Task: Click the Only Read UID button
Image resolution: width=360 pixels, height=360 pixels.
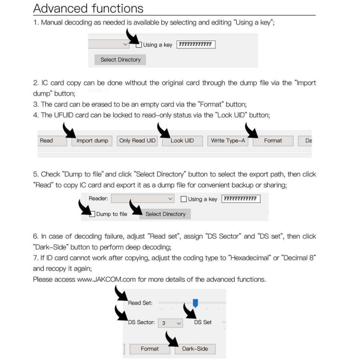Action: (x=137, y=141)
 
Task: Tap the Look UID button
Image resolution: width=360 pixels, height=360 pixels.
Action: (x=182, y=141)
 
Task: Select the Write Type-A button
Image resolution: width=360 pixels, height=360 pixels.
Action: (x=228, y=141)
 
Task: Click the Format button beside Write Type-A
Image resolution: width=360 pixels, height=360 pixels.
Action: (x=273, y=141)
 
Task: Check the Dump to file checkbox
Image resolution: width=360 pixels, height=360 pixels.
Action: (x=92, y=214)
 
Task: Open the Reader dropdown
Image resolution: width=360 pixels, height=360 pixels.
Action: (x=143, y=199)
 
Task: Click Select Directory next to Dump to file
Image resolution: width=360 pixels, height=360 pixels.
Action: (x=165, y=214)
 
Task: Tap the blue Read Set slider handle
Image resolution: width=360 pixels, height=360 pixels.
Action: (x=195, y=302)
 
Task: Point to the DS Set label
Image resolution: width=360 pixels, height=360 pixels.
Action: (x=203, y=322)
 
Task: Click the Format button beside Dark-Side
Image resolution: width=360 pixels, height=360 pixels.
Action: (x=150, y=349)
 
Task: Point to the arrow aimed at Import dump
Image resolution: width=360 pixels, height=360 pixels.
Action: (x=68, y=130)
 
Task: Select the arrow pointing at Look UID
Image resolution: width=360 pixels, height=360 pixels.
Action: (x=164, y=130)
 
